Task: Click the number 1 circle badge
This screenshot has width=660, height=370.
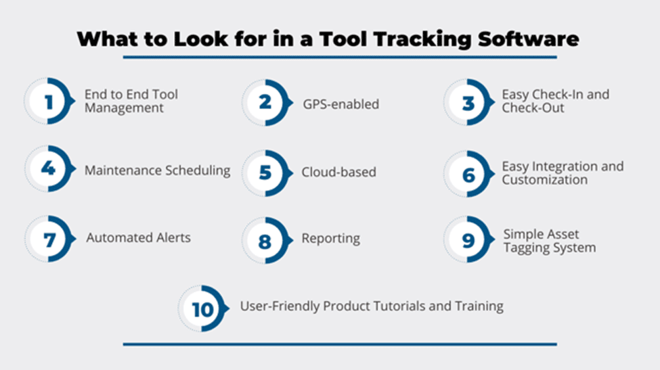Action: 49,101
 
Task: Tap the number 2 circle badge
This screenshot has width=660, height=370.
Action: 267,103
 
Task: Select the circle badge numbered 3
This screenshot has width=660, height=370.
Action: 468,102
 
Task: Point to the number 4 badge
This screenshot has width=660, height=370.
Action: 49,169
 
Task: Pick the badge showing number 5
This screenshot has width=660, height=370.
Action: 267,173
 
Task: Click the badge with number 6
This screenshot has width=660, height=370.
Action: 468,174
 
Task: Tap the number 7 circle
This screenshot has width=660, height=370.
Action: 49,239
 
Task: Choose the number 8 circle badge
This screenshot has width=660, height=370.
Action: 267,241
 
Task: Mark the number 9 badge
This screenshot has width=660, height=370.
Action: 468,239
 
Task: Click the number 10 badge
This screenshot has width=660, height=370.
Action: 203,309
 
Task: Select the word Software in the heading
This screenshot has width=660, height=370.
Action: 528,39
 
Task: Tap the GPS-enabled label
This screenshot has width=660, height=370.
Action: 341,104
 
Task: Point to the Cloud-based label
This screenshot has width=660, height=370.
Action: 339,172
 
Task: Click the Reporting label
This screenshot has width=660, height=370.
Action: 331,238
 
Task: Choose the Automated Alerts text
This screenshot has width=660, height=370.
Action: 139,237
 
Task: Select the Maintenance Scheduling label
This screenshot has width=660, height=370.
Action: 158,170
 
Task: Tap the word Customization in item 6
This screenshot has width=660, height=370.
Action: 545,180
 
